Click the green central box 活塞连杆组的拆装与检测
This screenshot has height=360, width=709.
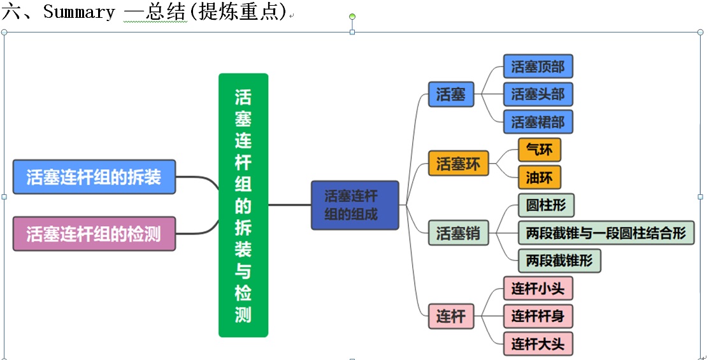(243, 205)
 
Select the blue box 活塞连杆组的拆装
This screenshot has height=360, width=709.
(94, 176)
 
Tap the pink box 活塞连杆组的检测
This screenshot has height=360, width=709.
(94, 234)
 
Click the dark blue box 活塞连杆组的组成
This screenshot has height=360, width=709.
(354, 205)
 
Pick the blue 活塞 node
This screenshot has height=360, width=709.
(450, 95)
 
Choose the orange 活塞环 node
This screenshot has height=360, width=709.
(458, 164)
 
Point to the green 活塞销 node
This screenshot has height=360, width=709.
(458, 234)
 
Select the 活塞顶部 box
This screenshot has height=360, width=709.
(538, 67)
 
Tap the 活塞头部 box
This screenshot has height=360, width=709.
(538, 94)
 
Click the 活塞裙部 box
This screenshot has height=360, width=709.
(538, 122)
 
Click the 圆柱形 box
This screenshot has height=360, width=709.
(546, 205)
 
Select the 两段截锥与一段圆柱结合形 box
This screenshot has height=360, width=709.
(606, 233)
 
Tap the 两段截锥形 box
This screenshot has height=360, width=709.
(559, 260)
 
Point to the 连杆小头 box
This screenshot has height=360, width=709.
(538, 289)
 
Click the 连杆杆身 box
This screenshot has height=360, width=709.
(538, 316)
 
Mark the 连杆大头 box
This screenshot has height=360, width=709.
(538, 344)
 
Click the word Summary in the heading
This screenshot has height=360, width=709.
(79, 12)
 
